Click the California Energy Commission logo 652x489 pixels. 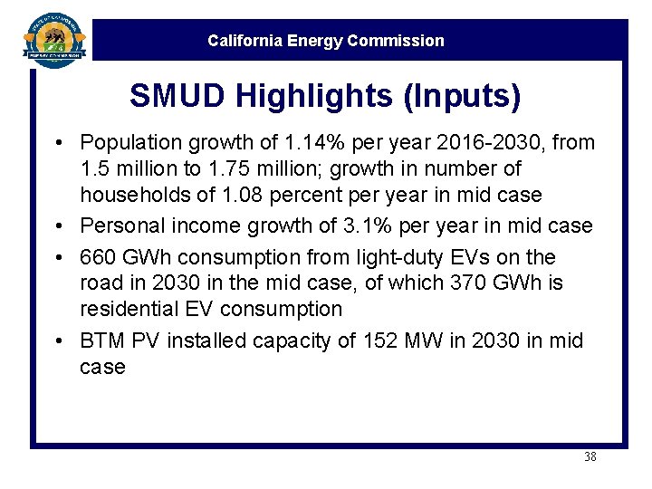55,38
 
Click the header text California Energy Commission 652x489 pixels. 326,41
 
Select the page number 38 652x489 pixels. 590,457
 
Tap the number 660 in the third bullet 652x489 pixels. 98,257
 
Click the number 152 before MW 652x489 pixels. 379,341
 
